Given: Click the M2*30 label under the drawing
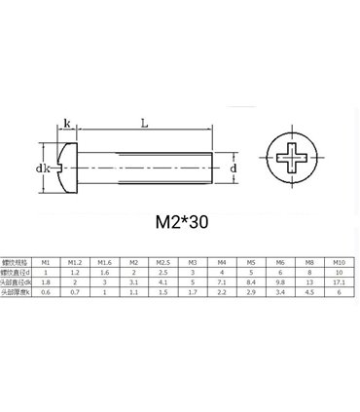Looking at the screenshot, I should point(181,221).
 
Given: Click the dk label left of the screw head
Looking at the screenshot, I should point(43,169).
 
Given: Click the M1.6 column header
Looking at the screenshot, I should point(104,262).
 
